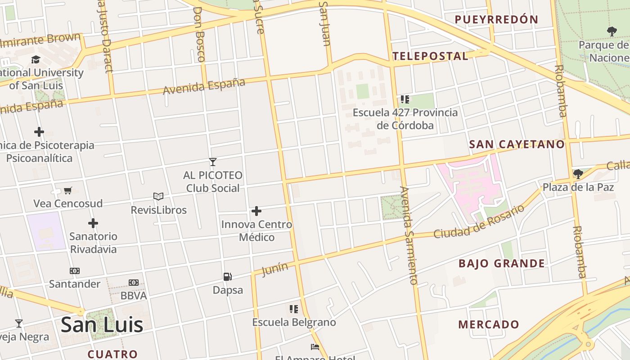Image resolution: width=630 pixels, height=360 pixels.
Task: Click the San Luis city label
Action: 102,324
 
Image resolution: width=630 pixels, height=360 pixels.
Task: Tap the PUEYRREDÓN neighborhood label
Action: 496,19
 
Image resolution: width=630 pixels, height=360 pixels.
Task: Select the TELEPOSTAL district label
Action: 430,56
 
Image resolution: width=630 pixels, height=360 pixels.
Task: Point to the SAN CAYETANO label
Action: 517,144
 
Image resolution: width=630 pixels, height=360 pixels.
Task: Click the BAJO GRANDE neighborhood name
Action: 502,264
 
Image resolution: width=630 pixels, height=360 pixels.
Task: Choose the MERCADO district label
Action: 489,324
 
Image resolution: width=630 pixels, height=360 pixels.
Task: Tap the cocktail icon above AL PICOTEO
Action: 213,162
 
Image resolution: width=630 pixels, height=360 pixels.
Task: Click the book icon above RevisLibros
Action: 158,196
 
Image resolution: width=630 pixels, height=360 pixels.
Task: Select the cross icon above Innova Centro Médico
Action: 256,211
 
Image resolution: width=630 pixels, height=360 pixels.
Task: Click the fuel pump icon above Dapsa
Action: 228,276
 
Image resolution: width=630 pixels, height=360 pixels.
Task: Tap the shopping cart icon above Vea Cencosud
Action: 68,190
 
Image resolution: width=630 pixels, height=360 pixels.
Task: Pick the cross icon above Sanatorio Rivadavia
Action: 93,223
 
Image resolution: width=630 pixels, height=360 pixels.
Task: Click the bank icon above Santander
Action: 75,271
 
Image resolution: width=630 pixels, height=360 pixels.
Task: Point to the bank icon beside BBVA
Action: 134,283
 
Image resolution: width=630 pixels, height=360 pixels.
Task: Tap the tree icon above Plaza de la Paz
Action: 578,174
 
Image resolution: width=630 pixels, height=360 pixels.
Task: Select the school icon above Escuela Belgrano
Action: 294,309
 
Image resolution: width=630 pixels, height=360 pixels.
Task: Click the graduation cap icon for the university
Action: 36,60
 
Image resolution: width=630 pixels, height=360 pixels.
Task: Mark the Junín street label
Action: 274,269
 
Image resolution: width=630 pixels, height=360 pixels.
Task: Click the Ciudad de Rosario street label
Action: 479,221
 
